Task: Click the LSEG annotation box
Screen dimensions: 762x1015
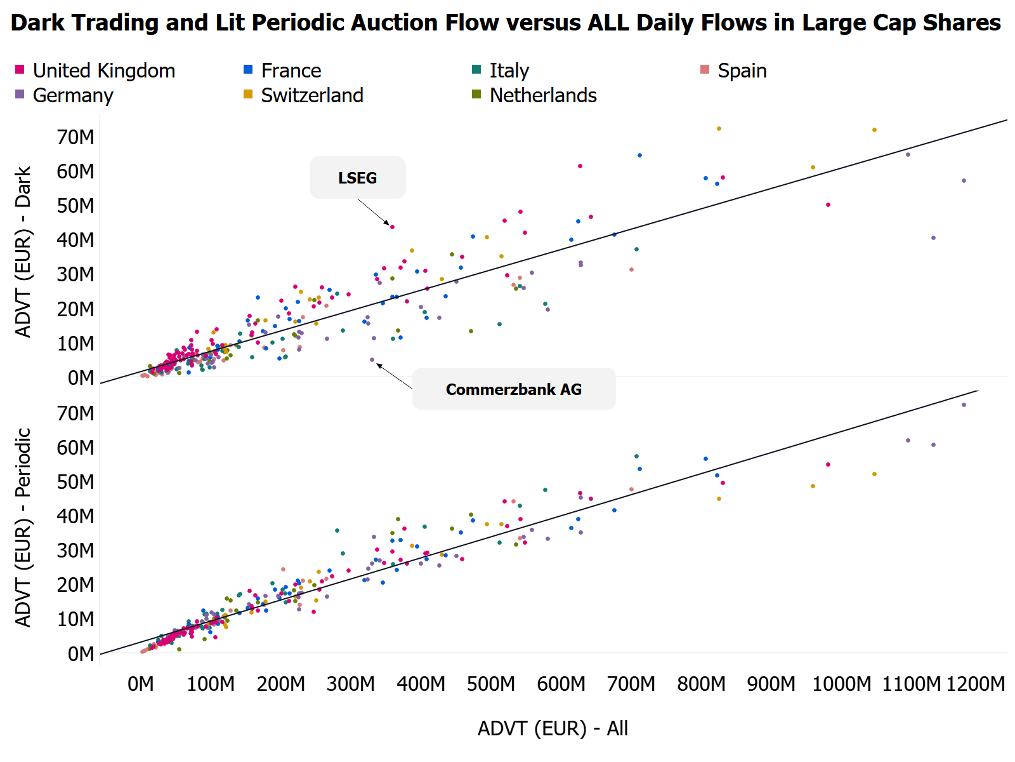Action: pos(357,178)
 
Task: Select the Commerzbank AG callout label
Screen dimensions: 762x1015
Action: pos(513,389)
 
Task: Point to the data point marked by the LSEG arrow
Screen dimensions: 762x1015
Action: pos(392,227)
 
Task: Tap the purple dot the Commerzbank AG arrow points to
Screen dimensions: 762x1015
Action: pos(372,359)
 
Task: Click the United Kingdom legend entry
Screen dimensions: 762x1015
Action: pos(103,70)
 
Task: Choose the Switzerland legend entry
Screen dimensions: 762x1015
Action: pos(311,95)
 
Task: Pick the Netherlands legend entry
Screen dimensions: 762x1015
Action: pos(542,95)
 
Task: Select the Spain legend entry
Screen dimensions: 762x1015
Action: pos(742,70)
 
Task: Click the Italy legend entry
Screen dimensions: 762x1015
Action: pos(509,70)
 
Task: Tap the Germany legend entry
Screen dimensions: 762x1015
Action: pos(72,95)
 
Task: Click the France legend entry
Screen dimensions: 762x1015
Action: pos(291,70)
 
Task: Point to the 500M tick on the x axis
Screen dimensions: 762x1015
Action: pos(491,684)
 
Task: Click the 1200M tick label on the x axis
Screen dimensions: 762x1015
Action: pos(975,684)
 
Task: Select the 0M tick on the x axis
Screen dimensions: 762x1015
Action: pos(141,684)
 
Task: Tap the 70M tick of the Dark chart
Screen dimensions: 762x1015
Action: pos(75,137)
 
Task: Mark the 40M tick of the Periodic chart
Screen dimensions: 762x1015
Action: pos(75,516)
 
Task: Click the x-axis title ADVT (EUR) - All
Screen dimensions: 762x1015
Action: pos(553,728)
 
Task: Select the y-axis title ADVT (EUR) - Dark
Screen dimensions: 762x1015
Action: pos(23,252)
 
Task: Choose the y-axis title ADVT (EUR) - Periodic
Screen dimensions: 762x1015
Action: pos(23,527)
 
